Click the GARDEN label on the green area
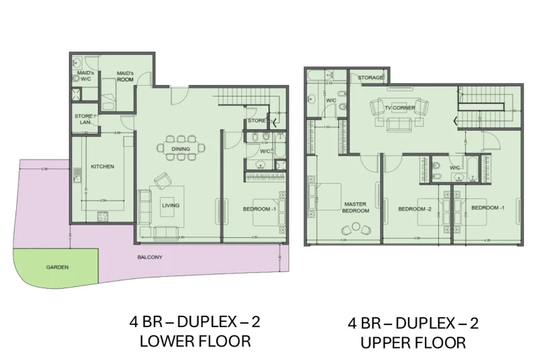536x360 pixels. (x=57, y=267)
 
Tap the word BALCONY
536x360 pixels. (x=149, y=257)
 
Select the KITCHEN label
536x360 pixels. (x=103, y=166)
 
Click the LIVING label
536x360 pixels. (x=170, y=205)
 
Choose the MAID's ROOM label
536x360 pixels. (x=125, y=76)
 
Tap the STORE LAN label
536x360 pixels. (x=83, y=119)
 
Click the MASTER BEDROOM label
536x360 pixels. (x=356, y=207)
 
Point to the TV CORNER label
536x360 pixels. (x=399, y=107)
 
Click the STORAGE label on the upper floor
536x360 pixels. (x=371, y=78)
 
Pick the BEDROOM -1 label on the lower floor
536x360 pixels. (x=260, y=210)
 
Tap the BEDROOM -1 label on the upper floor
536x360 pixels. (x=487, y=208)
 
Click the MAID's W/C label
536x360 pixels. (x=84, y=76)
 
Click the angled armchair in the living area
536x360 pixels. (x=163, y=181)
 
